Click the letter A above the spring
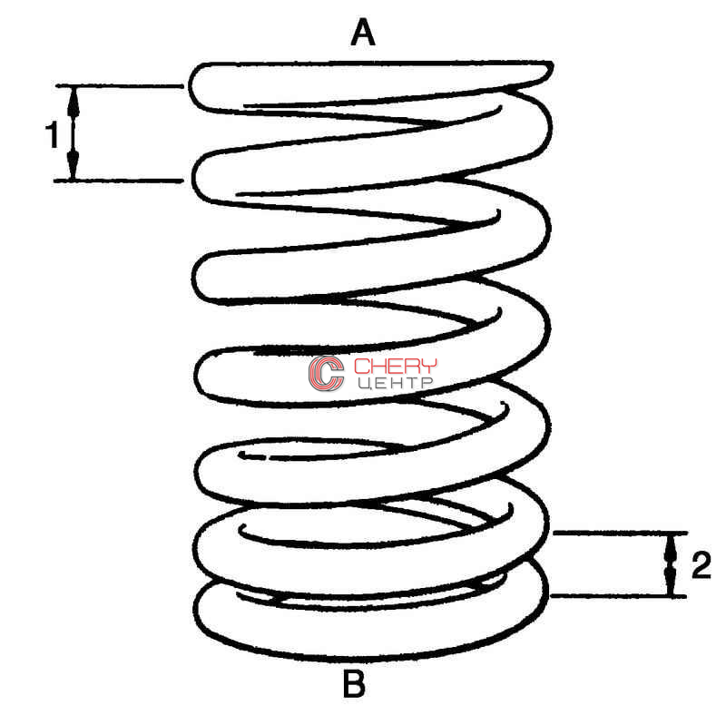coord(362,32)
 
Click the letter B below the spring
coord(354,683)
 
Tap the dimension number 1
coord(52,135)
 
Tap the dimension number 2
coord(701,565)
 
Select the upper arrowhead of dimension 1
coord(74,101)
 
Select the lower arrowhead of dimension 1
coord(73,164)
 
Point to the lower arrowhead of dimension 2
coord(670,583)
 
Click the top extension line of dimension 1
coord(120,85)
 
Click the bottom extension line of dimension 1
coord(119,181)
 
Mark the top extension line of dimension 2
coord(621,533)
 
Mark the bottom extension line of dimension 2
coord(618,596)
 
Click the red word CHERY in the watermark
coord(396,366)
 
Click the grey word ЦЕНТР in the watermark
coord(396,383)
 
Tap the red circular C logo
coord(327,373)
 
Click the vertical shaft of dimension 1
coord(74,133)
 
